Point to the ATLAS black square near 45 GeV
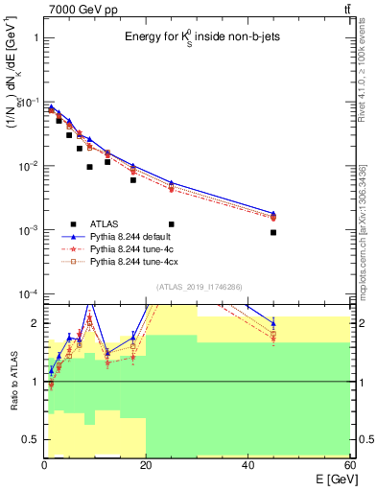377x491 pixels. [x=273, y=232]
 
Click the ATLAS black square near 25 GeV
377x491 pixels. [x=172, y=224]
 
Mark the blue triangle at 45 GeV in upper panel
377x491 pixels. [x=273, y=213]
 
